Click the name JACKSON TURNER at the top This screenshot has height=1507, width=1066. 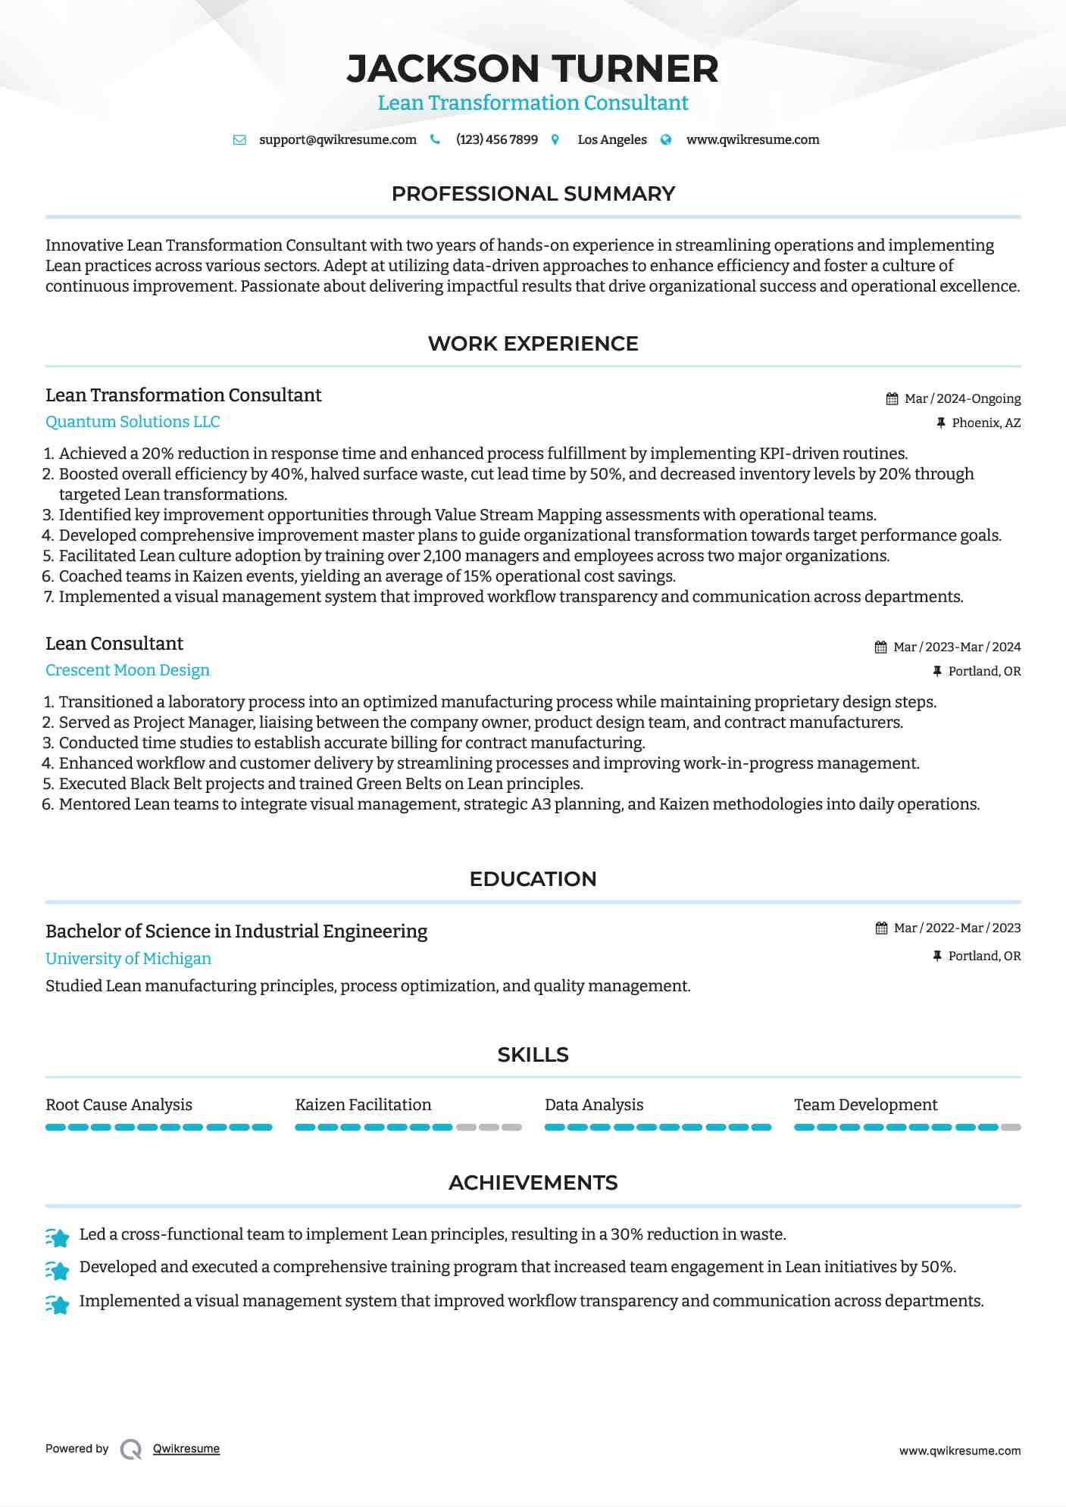click(x=533, y=69)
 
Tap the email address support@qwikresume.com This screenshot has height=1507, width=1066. click(x=337, y=140)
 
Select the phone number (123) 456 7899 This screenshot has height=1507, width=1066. click(x=496, y=140)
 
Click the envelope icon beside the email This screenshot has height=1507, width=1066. click(x=239, y=140)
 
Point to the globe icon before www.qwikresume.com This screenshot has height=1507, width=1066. click(x=666, y=140)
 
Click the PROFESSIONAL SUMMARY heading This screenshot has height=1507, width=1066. click(x=533, y=194)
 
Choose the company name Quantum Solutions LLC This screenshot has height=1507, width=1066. click(x=133, y=422)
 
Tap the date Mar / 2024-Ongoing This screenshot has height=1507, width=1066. click(x=962, y=399)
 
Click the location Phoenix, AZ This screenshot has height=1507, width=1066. click(x=986, y=423)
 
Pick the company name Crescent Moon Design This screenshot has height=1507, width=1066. click(x=127, y=670)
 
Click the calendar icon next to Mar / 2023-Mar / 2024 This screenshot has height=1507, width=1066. click(x=880, y=647)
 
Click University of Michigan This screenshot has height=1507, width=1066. click(x=128, y=959)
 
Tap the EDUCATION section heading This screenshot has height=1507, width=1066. click(x=533, y=879)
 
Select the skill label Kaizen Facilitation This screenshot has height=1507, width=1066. click(x=363, y=1105)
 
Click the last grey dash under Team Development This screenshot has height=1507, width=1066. click(x=1011, y=1128)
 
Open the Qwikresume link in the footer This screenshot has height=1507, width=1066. click(x=186, y=1449)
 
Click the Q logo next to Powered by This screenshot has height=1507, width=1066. click(x=130, y=1449)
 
